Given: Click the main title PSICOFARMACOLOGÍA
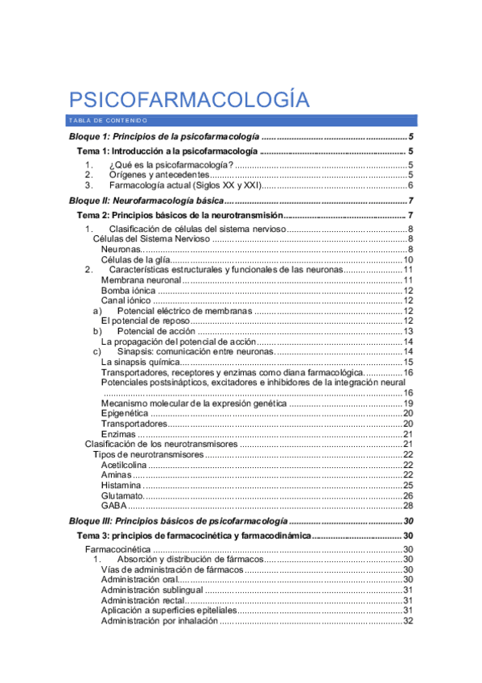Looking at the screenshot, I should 189,100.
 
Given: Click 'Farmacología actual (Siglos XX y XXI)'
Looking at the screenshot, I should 184,185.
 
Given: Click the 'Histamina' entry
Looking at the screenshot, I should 122,485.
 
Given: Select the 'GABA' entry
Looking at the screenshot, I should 114,506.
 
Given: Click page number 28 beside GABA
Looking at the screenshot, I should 408,506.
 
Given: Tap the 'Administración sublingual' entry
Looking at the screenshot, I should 150,590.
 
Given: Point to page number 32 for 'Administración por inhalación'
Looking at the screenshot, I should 408,620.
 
